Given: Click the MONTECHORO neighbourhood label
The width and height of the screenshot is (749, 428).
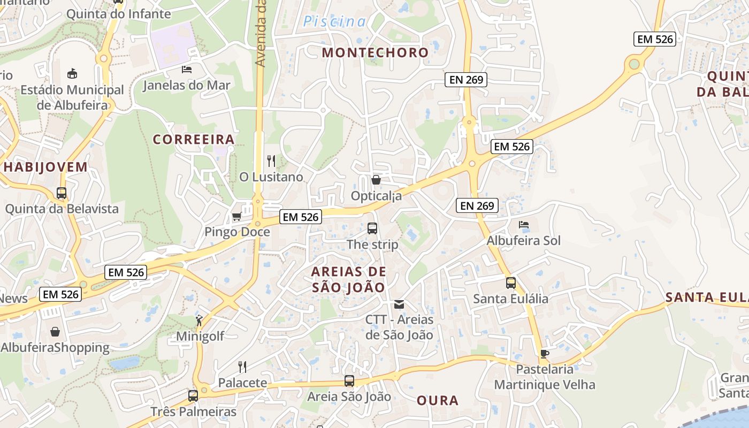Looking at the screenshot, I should point(376,52).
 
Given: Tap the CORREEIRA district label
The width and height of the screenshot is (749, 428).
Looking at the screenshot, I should point(194,140).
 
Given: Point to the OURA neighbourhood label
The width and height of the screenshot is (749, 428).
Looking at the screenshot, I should point(438,400).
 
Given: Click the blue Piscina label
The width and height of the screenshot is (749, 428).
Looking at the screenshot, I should point(335,22).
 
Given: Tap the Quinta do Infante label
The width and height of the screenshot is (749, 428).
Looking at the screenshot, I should point(118,14).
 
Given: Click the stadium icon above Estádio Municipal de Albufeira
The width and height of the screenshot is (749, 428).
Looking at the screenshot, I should point(72,73).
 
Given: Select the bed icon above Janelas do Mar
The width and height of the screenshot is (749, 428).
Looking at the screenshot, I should point(187,70).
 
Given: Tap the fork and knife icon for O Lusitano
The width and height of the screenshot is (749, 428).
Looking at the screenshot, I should point(271,160).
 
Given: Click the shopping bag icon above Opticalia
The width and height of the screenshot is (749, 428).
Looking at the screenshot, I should point(376,180).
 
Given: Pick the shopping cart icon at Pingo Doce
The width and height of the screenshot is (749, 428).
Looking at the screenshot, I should point(236,216).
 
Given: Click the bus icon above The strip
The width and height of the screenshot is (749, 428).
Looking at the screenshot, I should point(372,228).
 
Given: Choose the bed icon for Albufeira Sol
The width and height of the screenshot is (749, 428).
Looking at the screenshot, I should point(524,225).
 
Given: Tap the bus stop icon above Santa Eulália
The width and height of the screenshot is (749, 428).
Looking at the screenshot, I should point(511,282).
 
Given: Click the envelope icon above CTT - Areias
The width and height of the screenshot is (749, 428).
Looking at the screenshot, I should point(399,304).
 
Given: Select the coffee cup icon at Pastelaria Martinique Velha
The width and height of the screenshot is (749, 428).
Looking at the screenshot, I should point(544,353).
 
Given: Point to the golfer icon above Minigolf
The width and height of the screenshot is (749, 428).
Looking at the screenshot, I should point(199,320).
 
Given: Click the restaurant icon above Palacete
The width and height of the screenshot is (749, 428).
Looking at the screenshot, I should point(242,367).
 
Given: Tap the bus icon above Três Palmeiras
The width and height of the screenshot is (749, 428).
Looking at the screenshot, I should point(193,396).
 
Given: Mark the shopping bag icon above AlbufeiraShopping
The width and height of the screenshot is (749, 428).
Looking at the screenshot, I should point(55,332).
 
